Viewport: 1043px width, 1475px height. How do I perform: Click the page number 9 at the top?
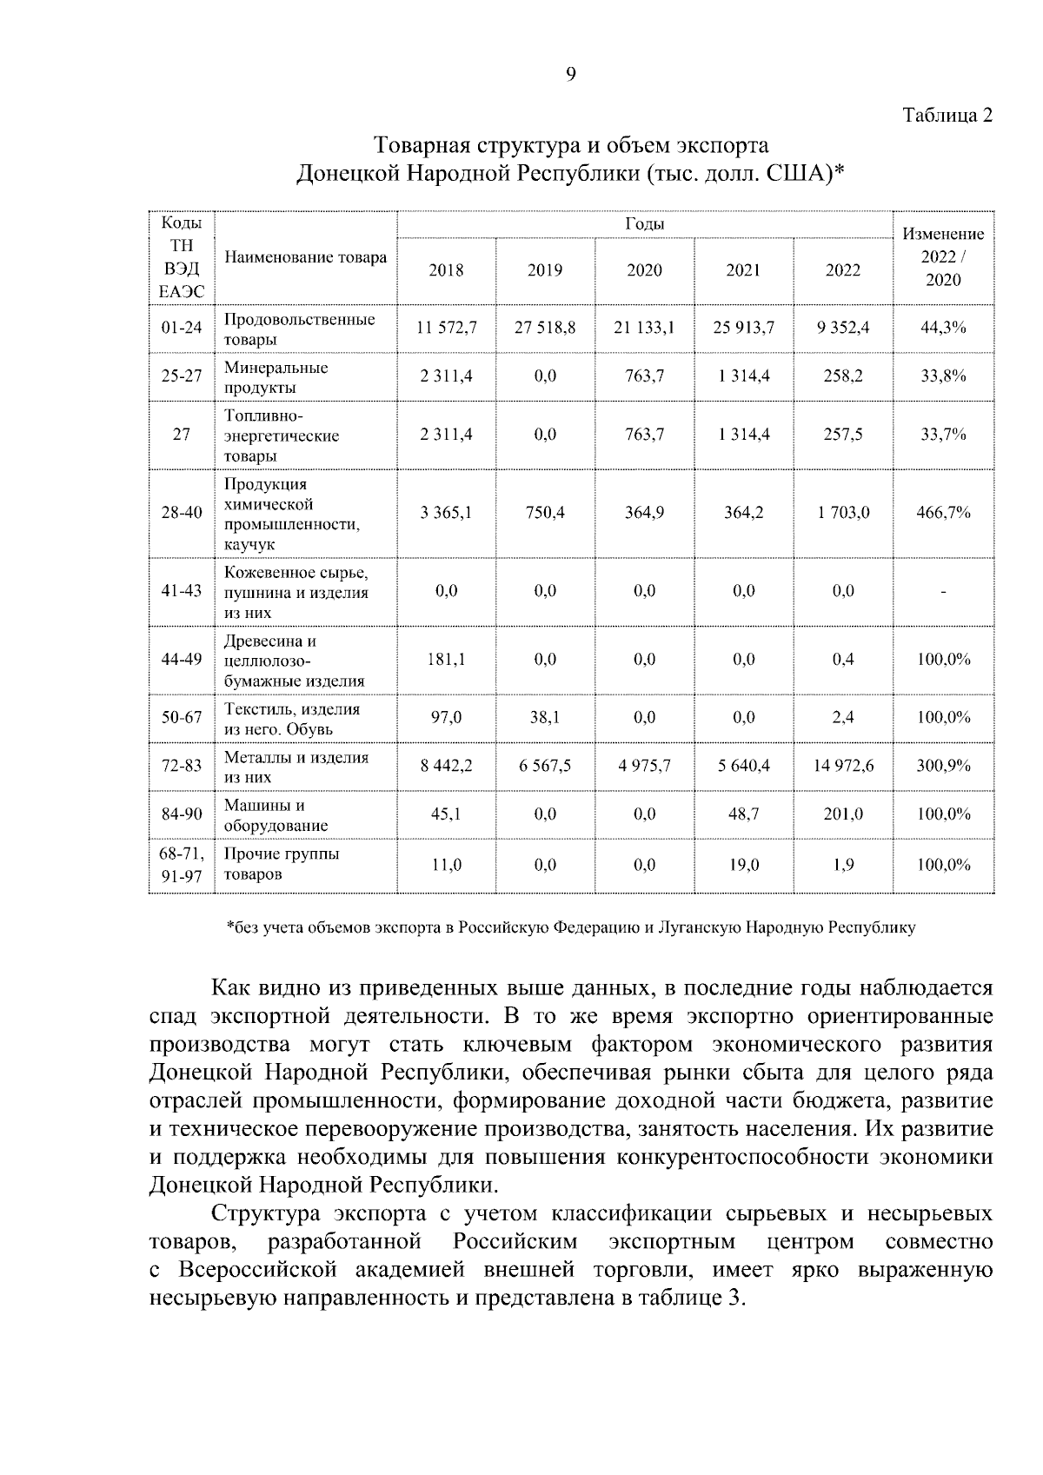tap(570, 75)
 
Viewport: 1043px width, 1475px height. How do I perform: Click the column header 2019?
tap(545, 270)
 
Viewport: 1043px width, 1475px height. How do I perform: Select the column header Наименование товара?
tap(305, 258)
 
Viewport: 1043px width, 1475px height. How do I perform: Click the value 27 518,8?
tap(545, 329)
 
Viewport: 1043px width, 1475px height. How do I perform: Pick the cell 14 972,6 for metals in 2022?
tap(843, 766)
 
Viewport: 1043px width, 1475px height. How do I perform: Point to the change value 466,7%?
tap(943, 513)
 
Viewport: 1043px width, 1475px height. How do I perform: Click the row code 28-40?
tap(181, 513)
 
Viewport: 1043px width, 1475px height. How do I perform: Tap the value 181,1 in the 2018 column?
tap(447, 660)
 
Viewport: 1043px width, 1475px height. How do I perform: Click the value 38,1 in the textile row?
tap(545, 718)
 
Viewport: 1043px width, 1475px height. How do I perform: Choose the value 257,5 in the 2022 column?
tap(843, 435)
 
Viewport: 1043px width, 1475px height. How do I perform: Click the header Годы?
tap(644, 224)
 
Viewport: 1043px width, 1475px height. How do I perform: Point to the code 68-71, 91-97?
tap(181, 866)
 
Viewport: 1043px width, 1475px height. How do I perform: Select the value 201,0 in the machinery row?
tap(843, 814)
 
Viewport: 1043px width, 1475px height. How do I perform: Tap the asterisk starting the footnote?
tap(229, 926)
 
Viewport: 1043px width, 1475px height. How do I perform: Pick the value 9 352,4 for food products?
tap(843, 329)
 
